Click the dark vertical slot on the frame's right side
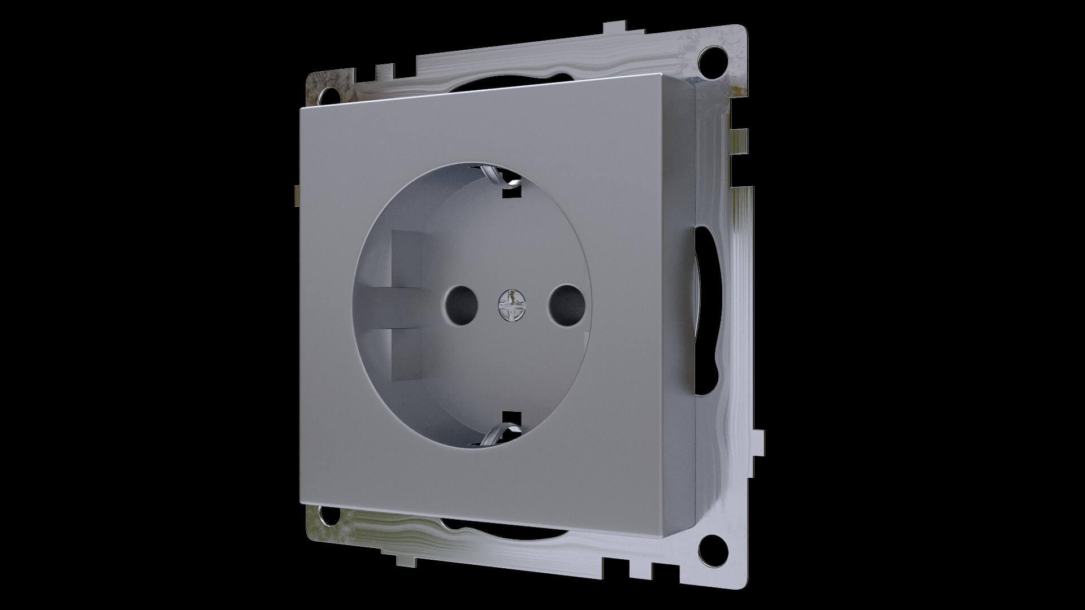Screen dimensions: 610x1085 (702, 311)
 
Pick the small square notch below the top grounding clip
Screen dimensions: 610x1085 (511, 193)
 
